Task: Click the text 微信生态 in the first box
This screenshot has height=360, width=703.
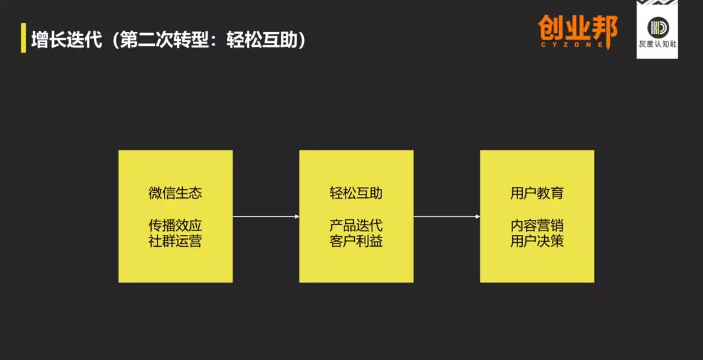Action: pos(175,193)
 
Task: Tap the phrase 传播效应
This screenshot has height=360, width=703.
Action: pos(175,226)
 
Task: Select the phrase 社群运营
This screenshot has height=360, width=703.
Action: pos(175,242)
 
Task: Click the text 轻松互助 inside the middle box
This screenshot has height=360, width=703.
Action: pos(356,193)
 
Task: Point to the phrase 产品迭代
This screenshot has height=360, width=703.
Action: pos(356,226)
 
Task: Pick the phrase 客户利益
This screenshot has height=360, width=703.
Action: pos(356,242)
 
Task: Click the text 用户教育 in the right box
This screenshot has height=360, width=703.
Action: pos(537,193)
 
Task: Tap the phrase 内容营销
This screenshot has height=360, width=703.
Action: pos(537,226)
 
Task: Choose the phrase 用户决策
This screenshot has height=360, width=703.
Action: pos(537,242)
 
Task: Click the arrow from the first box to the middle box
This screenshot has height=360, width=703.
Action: pos(266,216)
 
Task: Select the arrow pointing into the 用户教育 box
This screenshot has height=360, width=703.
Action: pos(447,216)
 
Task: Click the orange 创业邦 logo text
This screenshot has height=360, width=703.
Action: pos(577,28)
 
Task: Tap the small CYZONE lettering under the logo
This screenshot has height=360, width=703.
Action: pos(577,44)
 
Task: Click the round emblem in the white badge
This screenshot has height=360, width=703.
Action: pos(657,27)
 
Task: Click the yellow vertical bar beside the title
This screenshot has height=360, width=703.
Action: pos(23,38)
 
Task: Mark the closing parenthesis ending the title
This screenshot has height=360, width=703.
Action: pos(301,39)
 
